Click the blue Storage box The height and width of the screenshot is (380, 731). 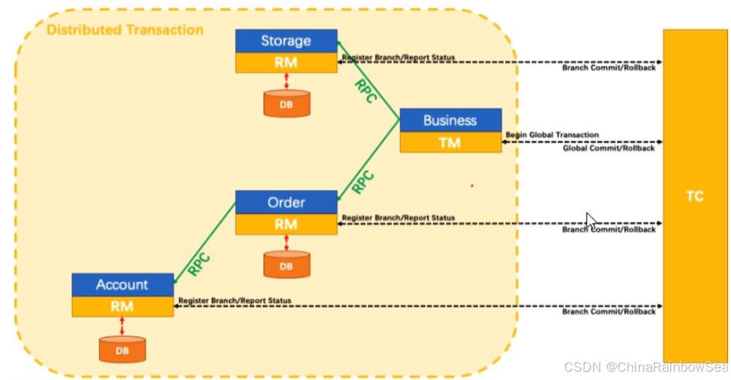click(286, 41)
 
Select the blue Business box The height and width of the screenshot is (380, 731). click(450, 120)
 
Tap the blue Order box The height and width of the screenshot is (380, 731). click(286, 202)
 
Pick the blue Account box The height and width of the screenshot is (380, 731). click(122, 285)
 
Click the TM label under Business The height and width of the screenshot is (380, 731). click(450, 142)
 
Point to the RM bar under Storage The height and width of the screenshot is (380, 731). click(286, 63)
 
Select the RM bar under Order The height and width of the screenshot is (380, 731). click(286, 224)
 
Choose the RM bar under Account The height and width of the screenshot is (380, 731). click(122, 306)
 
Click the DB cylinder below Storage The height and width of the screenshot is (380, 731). click(287, 104)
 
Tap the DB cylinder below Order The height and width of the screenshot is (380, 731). click(287, 265)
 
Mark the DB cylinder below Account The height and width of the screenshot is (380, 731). click(122, 348)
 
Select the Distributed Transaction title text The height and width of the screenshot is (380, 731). click(125, 30)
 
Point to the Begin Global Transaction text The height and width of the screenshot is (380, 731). click(552, 135)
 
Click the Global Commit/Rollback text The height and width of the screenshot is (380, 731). click(608, 148)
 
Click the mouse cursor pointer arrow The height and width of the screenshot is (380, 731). click(590, 220)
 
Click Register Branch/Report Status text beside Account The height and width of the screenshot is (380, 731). click(234, 301)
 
